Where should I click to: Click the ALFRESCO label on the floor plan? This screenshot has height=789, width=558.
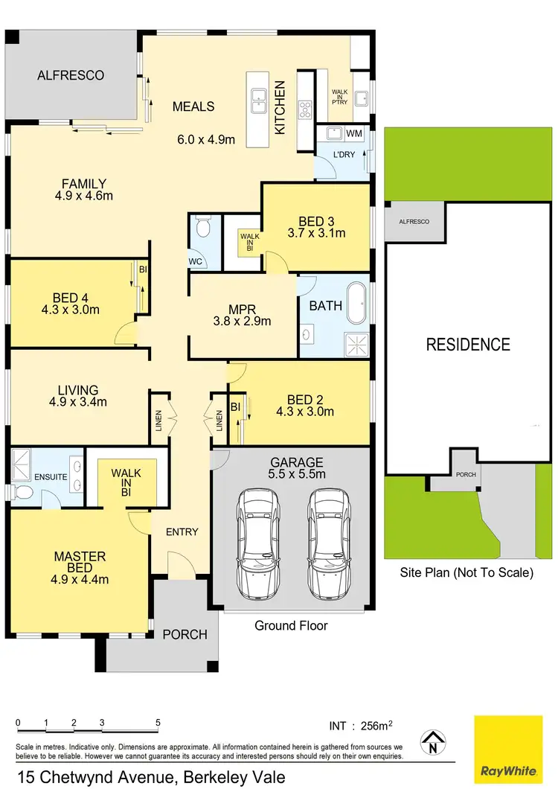[x=71, y=75]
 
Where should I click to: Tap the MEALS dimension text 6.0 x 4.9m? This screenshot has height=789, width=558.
[x=206, y=139]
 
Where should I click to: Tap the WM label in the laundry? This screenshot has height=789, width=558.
[x=354, y=133]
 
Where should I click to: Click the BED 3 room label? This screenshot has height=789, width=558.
[x=316, y=221]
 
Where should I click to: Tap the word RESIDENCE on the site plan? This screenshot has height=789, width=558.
[x=468, y=345]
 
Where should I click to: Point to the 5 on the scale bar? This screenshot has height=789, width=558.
[x=158, y=722]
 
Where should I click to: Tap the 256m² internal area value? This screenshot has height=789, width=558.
[x=376, y=725]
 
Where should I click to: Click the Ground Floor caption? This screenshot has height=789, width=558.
[x=291, y=625]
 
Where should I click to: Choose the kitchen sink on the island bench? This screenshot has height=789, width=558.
[x=259, y=99]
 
